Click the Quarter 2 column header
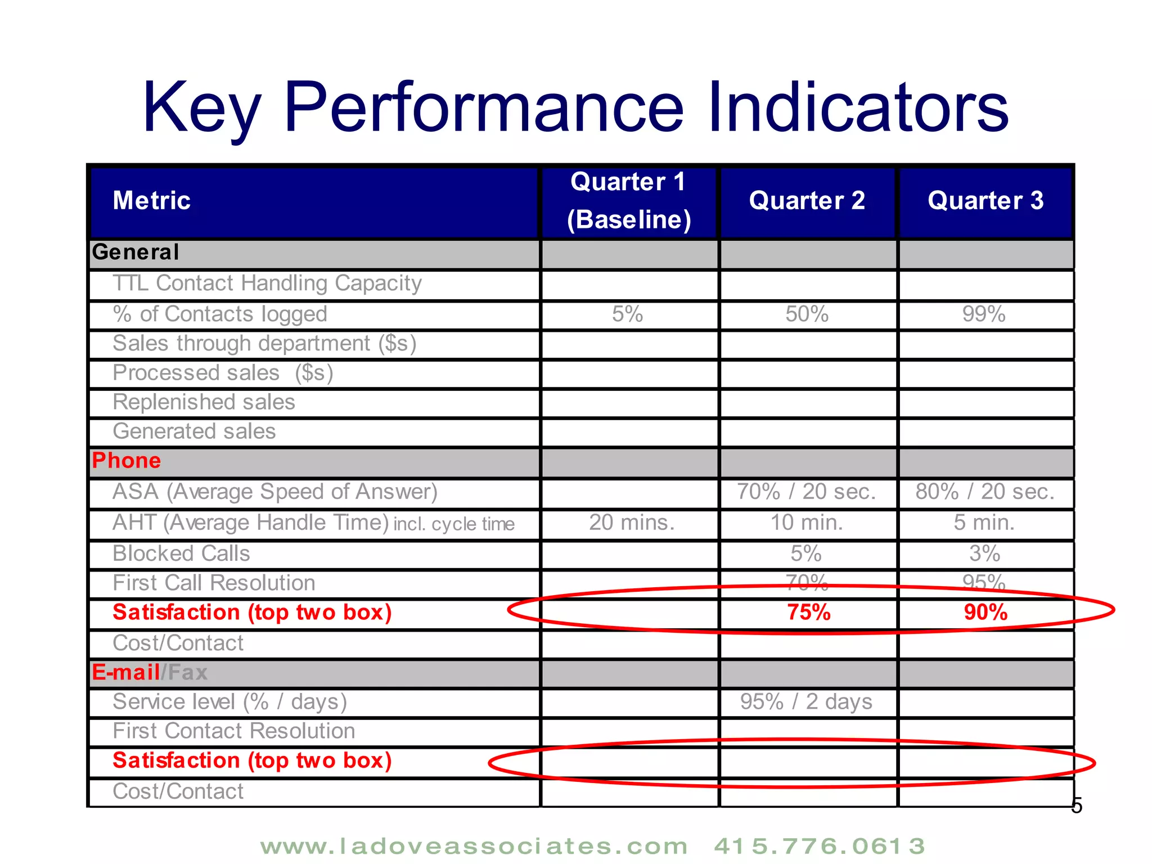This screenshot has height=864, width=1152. point(807,201)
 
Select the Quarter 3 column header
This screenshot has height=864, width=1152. point(985,201)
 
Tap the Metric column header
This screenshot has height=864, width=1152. point(152,201)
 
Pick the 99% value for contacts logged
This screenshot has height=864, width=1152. point(984,314)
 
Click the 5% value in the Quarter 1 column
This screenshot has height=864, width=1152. point(628,314)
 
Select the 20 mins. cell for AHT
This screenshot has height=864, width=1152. point(631,523)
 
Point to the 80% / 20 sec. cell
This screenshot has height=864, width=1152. point(985,492)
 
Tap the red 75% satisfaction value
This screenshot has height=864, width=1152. point(808,612)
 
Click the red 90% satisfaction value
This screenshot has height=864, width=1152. point(985,612)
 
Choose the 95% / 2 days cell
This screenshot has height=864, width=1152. point(806,701)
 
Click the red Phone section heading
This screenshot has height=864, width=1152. point(127,461)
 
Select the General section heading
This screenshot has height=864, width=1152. point(136,252)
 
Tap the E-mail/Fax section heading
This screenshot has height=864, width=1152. point(150,672)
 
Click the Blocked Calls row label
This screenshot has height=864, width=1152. point(181,553)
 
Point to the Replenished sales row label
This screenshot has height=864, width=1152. point(204,402)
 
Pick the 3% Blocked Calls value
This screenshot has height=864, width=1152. point(984,553)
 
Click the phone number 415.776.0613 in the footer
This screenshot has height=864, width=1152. point(819,846)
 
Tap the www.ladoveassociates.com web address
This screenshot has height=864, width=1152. point(474,846)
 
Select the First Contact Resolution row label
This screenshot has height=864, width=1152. point(234,731)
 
